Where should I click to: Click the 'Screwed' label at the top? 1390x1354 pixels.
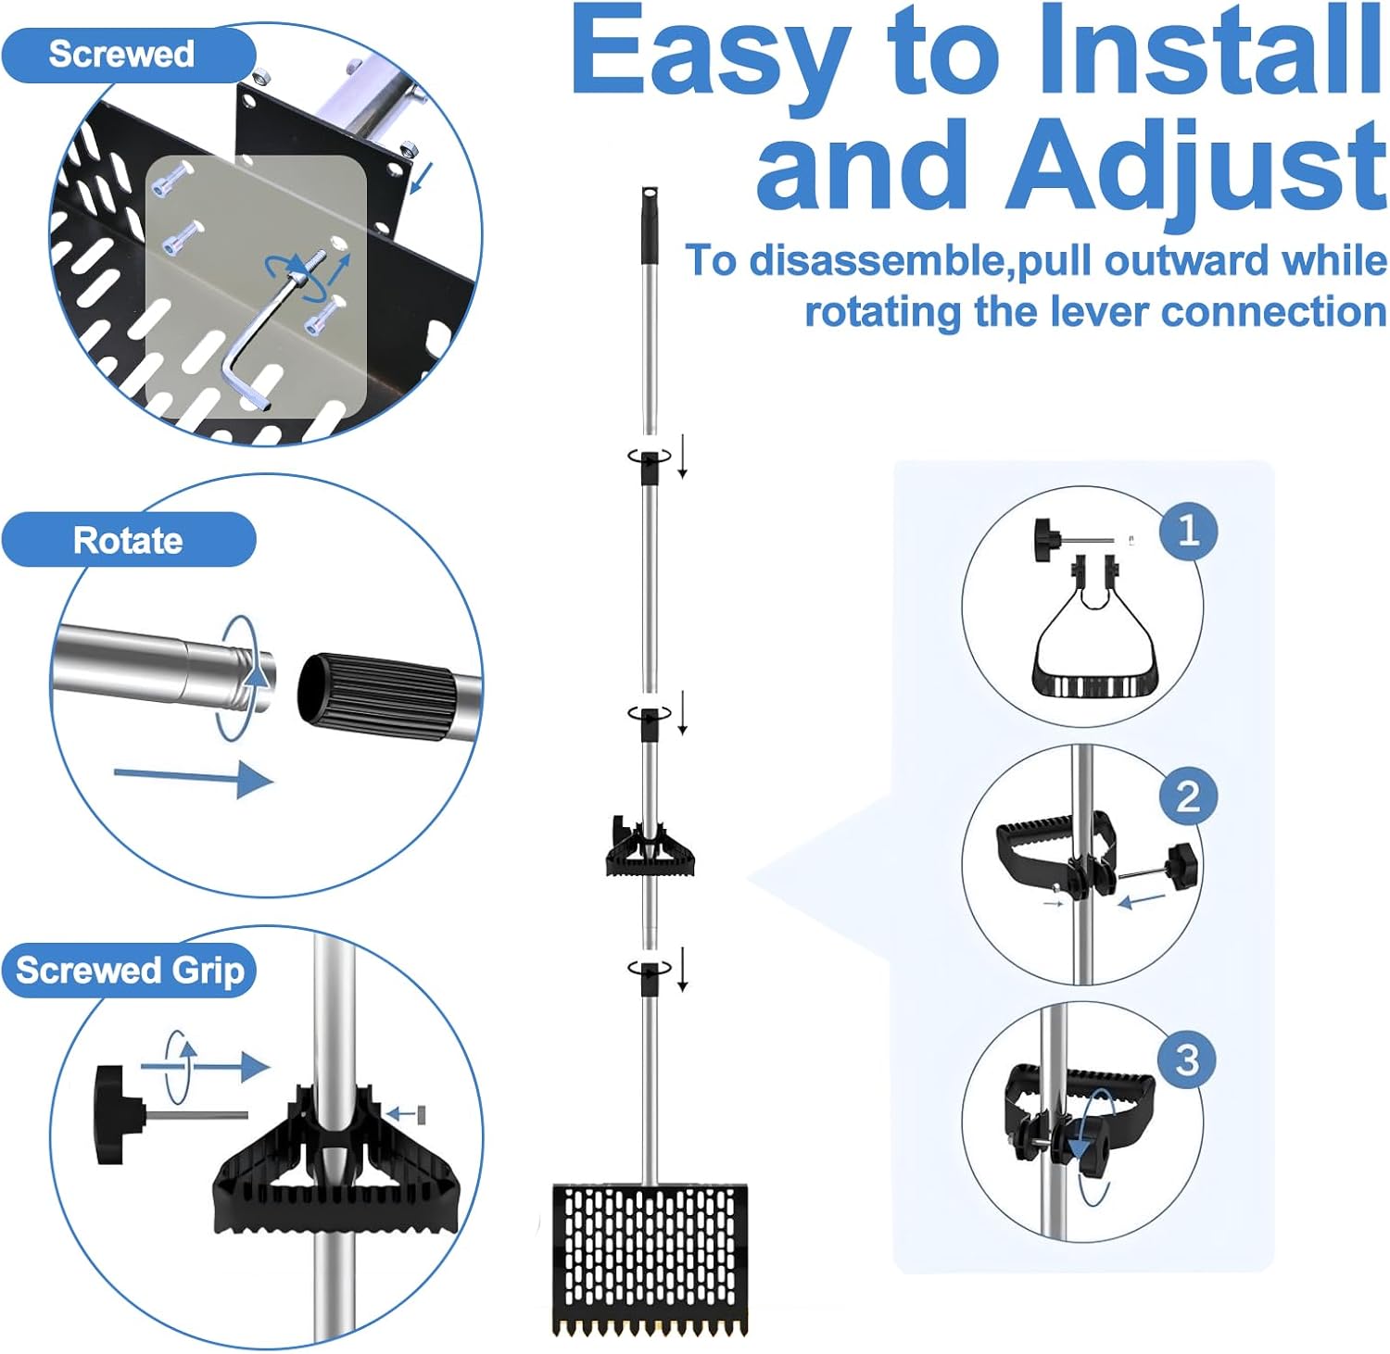[121, 54]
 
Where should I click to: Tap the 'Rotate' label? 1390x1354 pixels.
[128, 540]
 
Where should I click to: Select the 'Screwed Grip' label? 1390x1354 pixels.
[130, 971]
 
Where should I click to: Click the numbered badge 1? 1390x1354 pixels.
[1188, 530]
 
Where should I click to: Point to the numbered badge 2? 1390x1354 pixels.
[1188, 796]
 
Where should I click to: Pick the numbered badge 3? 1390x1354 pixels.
[1187, 1059]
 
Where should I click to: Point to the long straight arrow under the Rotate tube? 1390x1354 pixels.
[193, 776]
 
